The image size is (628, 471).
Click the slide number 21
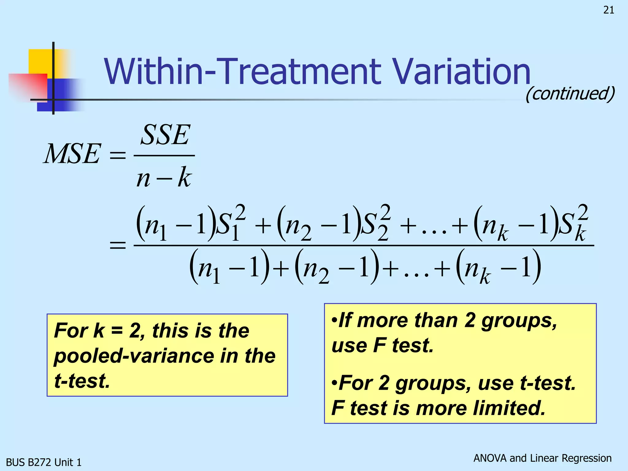click(x=609, y=10)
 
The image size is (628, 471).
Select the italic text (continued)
click(x=570, y=94)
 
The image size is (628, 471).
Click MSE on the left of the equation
click(x=72, y=154)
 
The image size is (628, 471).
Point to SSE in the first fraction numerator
click(x=165, y=135)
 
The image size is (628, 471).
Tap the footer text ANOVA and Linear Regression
click(x=542, y=458)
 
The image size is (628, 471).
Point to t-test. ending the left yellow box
click(x=82, y=381)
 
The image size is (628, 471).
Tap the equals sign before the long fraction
click(x=118, y=245)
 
